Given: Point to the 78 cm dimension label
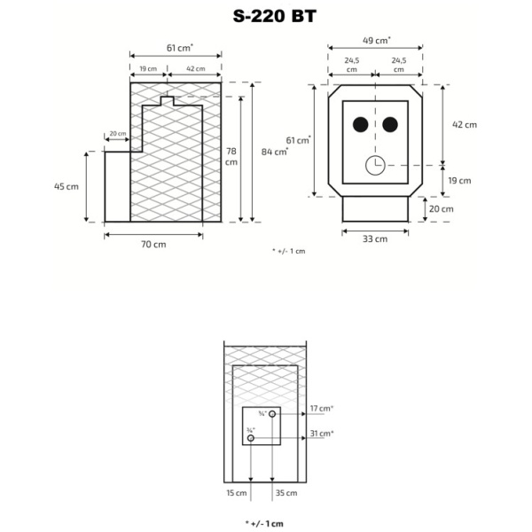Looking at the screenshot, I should [x=230, y=156].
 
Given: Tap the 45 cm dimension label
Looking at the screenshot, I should [x=66, y=186].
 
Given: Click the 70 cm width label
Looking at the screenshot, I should [x=153, y=244].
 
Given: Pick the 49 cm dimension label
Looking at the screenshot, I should [x=377, y=40].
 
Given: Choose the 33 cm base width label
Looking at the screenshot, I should [x=375, y=239].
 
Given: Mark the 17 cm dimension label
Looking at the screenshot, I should [x=321, y=409].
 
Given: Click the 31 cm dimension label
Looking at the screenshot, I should [x=321, y=434].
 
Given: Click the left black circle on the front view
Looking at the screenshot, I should [x=360, y=124].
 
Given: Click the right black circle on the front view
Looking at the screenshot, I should [x=388, y=124].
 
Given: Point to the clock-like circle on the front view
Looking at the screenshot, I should [x=374, y=165].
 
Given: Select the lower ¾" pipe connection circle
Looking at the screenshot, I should [x=252, y=438].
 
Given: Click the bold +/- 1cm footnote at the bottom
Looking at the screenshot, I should [x=265, y=524].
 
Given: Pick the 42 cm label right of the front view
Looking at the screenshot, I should [x=464, y=124].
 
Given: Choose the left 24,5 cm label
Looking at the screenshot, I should [x=352, y=65].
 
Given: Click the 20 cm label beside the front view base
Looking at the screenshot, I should [x=441, y=208].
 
